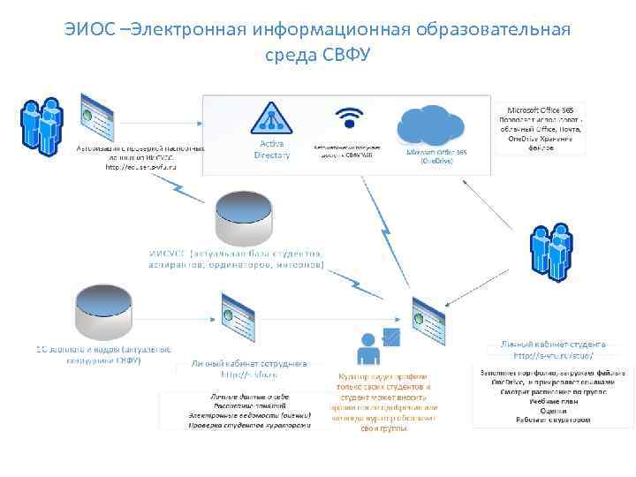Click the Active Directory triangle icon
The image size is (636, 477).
pyautogui.click(x=271, y=118)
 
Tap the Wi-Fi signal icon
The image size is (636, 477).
pyautogui.click(x=350, y=118)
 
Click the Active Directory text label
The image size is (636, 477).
pyautogui.click(x=271, y=149)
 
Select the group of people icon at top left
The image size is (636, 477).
pyautogui.click(x=41, y=127)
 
